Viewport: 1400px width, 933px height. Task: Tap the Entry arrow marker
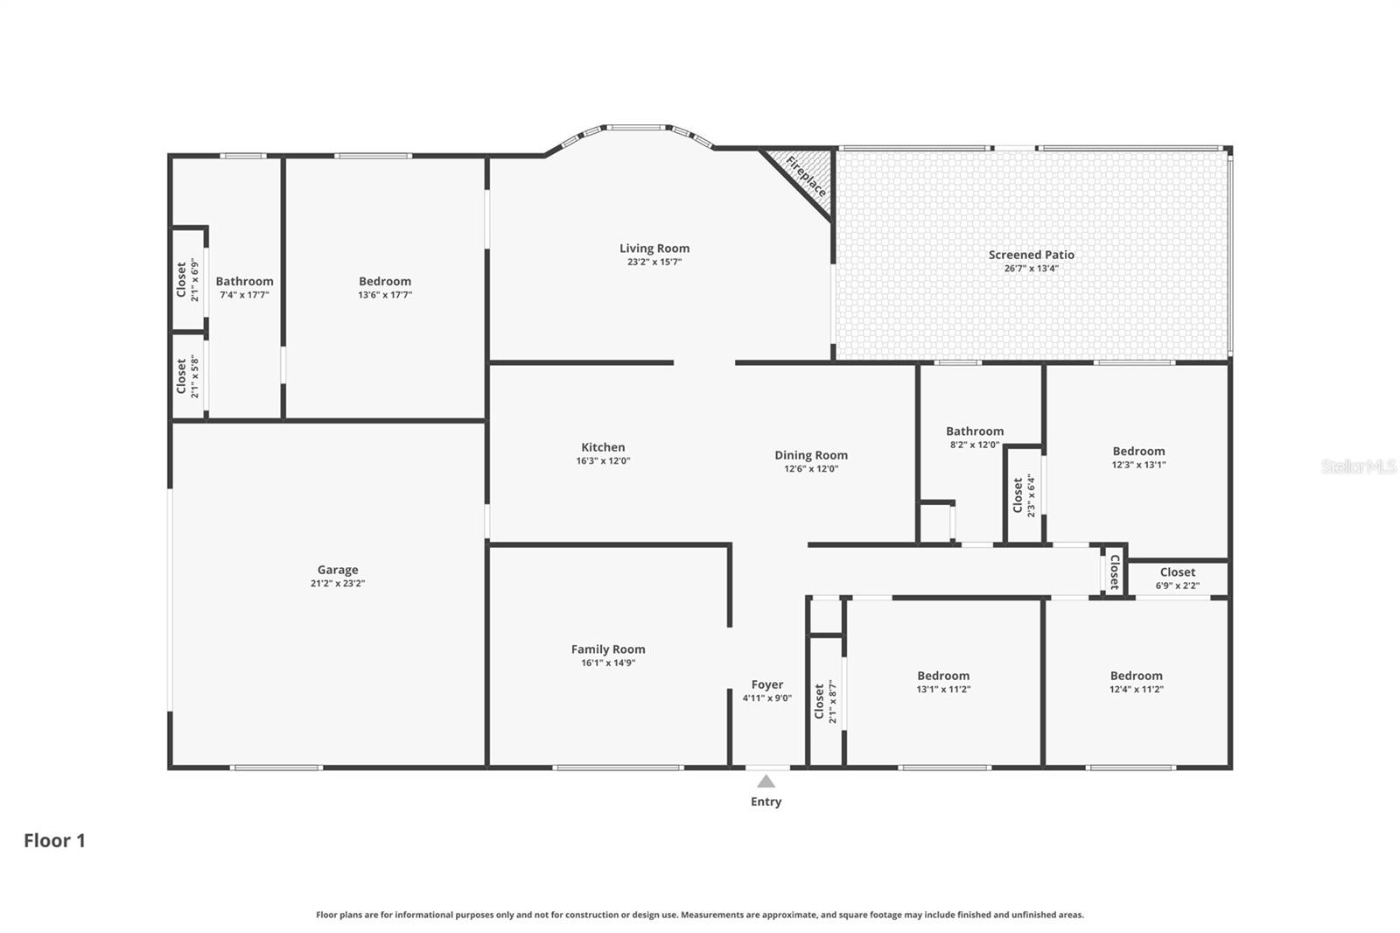click(x=766, y=782)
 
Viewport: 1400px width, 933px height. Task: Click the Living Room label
click(x=654, y=249)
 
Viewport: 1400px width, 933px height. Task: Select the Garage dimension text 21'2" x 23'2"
click(x=338, y=584)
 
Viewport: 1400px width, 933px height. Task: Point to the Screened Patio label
click(x=1031, y=255)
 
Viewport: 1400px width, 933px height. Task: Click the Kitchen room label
click(x=603, y=447)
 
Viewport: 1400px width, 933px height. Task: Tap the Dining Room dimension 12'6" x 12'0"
click(x=811, y=469)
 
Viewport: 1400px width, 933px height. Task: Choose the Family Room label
click(x=608, y=649)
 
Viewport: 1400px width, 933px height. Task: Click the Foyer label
click(x=767, y=685)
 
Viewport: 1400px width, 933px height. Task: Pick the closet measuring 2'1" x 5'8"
click(x=187, y=376)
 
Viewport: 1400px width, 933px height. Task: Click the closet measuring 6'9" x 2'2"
click(x=1177, y=579)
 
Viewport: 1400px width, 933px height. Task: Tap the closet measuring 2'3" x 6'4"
click(x=1023, y=495)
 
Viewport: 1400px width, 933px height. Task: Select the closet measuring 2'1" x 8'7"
click(x=824, y=702)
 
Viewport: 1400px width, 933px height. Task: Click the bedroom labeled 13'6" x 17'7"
click(x=385, y=288)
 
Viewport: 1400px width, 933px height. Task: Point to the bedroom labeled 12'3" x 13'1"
click(x=1138, y=458)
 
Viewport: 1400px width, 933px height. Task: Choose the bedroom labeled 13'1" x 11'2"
click(x=943, y=682)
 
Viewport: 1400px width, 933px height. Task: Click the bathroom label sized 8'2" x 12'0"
click(x=974, y=438)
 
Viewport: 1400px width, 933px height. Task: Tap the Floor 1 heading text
click(x=54, y=841)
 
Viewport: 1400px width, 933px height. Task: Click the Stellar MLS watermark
click(x=1358, y=466)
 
